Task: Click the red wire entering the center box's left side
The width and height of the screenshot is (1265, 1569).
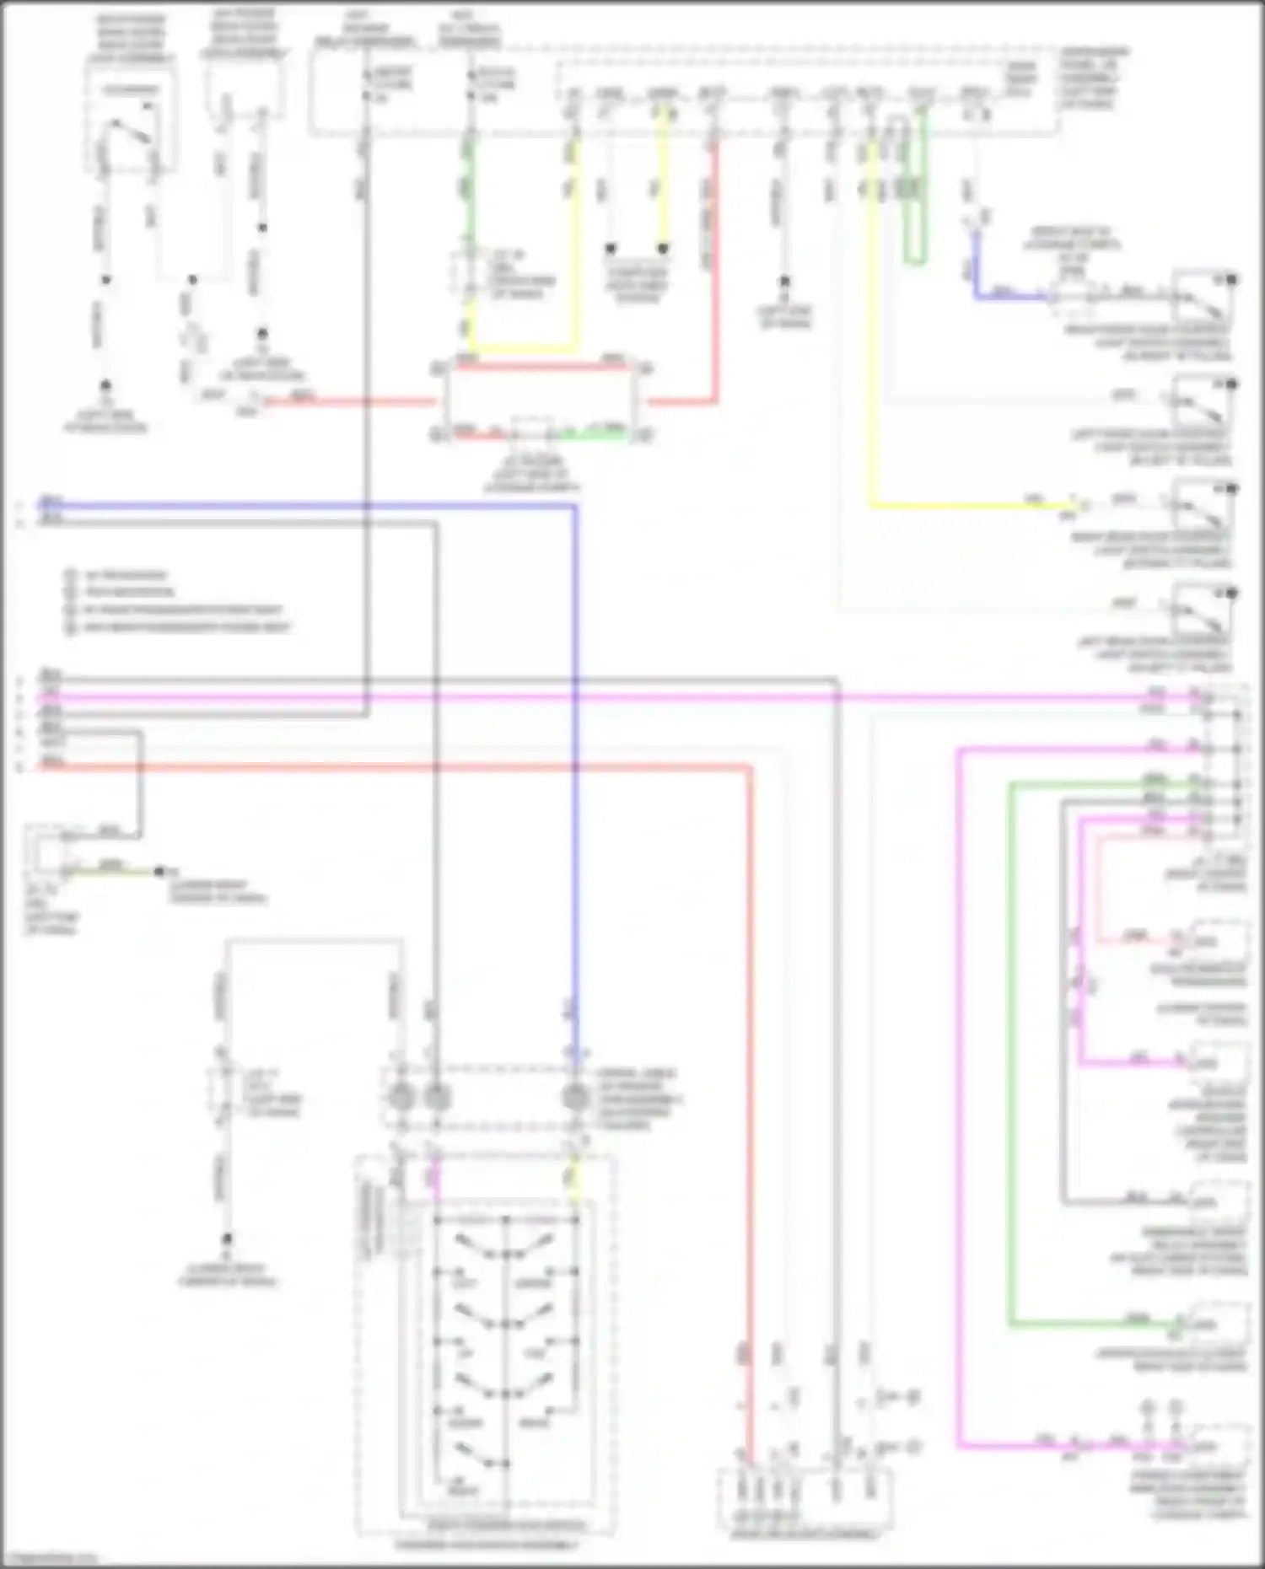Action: pos(354,402)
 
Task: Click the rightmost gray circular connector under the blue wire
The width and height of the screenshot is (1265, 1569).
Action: pos(575,1098)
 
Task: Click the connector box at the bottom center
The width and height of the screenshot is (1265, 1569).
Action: pos(805,1497)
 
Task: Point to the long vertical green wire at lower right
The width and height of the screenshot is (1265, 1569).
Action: pos(1011,1054)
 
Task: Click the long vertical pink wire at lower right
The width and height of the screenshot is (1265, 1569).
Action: pos(959,1096)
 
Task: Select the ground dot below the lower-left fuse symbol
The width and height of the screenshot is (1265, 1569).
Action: pos(227,1239)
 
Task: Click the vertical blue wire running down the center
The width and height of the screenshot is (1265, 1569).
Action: pos(575,759)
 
